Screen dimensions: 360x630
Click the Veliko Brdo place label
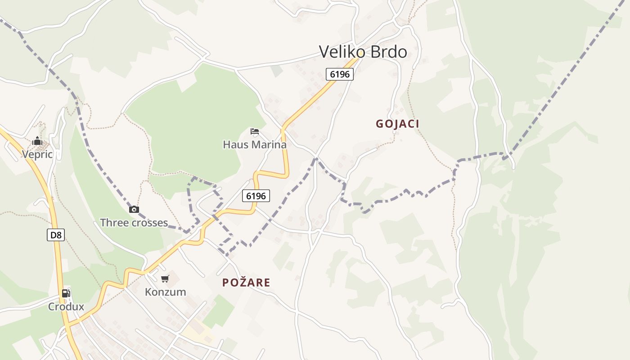363,52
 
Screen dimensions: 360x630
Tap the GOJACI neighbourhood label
397,124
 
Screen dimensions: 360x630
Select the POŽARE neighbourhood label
246,283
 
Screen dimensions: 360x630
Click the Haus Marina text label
255,144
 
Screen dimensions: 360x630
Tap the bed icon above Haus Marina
255,131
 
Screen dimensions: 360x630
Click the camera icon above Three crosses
134,209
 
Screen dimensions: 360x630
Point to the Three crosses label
134,223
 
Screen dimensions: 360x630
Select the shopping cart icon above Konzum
165,279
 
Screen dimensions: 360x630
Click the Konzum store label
165,292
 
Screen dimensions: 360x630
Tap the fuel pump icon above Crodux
66,293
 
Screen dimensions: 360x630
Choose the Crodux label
66,307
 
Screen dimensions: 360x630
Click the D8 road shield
56,235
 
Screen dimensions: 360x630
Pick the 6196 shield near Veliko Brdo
340,74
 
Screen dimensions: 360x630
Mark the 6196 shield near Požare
256,196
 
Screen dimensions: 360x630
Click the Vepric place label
37,155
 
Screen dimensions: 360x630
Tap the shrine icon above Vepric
37,142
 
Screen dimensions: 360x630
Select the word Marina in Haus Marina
269,144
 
